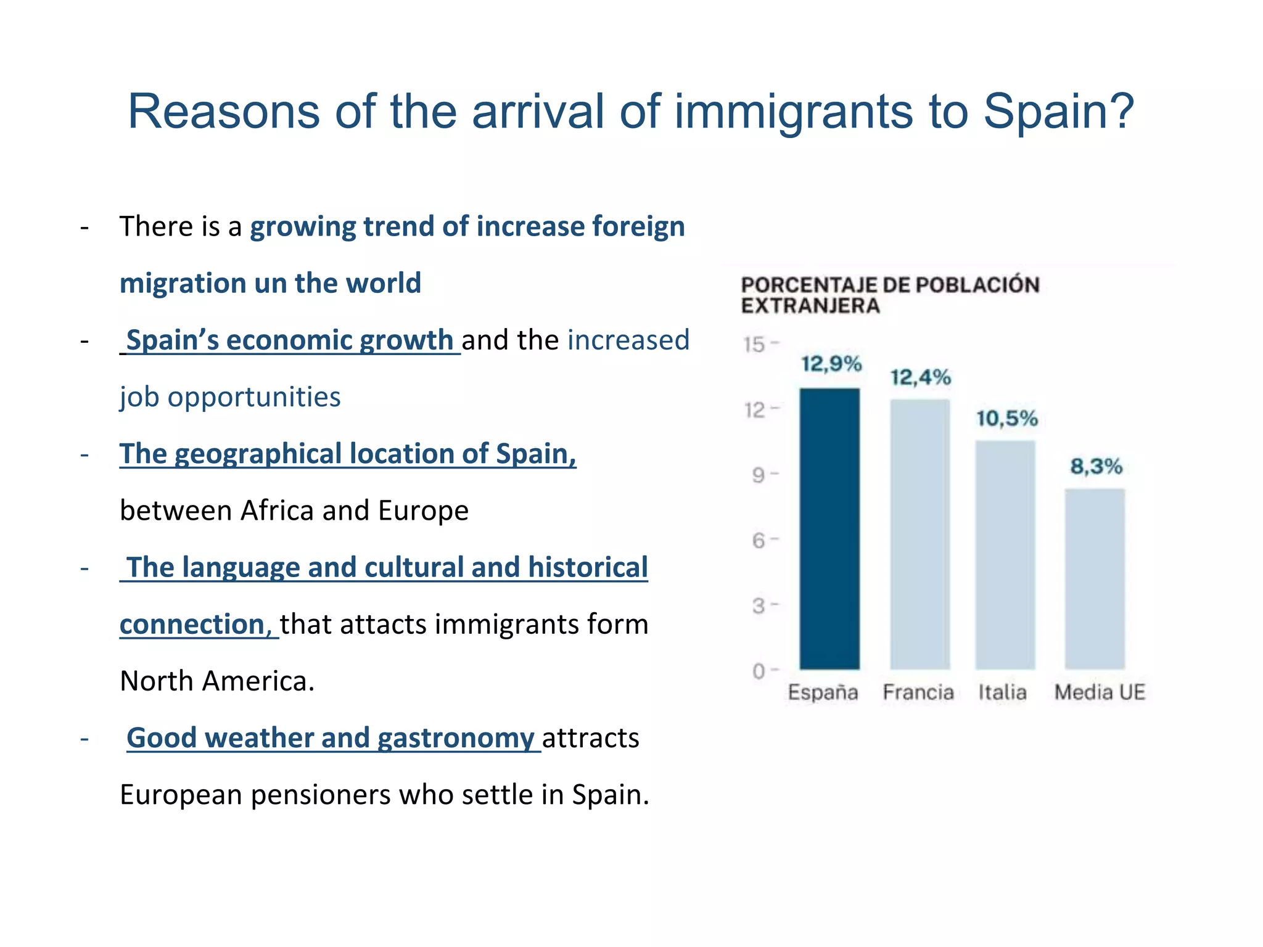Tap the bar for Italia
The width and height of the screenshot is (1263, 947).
click(x=1005, y=555)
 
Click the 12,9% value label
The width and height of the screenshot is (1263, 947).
click(x=831, y=364)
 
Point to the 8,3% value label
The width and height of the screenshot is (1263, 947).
click(x=1096, y=466)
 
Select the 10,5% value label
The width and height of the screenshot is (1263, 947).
click(x=1006, y=419)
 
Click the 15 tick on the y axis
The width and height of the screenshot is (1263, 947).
click(x=754, y=344)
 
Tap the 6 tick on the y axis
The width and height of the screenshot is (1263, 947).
click(x=758, y=541)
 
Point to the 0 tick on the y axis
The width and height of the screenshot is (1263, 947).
click(x=758, y=671)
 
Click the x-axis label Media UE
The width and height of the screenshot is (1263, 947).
click(x=1100, y=692)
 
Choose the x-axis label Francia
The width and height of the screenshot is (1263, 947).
click(x=918, y=692)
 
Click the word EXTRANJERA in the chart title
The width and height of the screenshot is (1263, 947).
click(x=810, y=306)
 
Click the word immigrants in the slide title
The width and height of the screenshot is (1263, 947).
click(x=793, y=112)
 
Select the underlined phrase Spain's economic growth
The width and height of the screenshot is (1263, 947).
click(x=290, y=340)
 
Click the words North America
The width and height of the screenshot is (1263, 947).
click(x=217, y=681)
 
